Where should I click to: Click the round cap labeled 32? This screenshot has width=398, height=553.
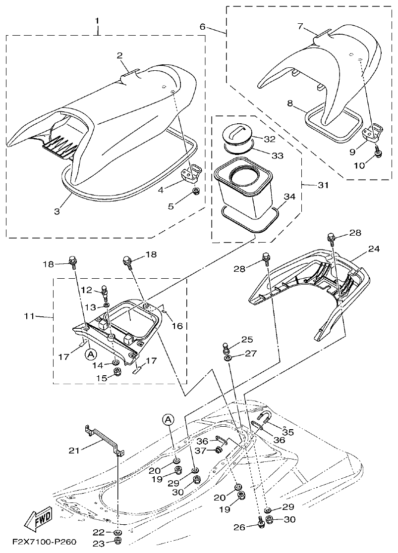[x=238, y=135]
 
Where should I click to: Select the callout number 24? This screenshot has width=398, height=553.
[x=374, y=249]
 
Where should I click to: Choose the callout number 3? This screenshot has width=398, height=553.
[x=57, y=210]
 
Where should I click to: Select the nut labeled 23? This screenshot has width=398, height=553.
[x=118, y=541]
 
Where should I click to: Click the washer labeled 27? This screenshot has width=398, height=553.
[x=227, y=357]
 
